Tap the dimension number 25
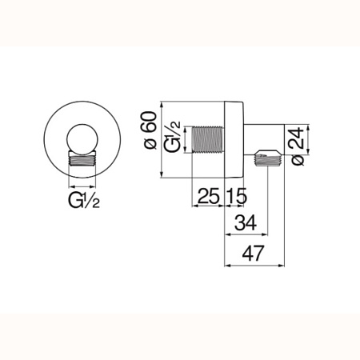(x=209, y=196)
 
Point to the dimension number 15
(x=237, y=196)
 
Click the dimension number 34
(x=246, y=222)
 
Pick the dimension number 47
(x=253, y=253)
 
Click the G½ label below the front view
(x=84, y=201)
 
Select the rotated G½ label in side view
(x=173, y=137)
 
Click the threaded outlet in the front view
(x=82, y=160)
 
